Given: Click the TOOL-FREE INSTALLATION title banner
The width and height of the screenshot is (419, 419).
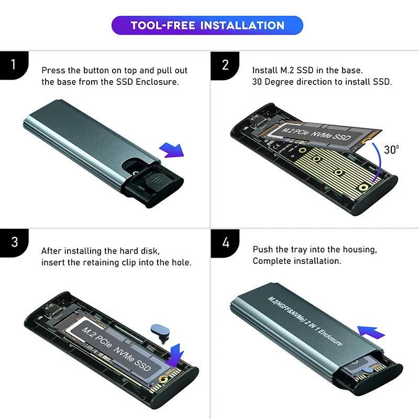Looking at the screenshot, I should click(207, 25).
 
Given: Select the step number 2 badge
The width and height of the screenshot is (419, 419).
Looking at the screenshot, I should click(225, 65).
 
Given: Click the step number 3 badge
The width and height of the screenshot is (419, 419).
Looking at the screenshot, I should click(14, 242).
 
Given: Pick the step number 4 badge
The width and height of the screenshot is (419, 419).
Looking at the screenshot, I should click(225, 243).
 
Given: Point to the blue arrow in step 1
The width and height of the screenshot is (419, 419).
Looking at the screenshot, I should click(171, 150).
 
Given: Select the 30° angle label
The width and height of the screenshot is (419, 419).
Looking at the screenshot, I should click(391, 149).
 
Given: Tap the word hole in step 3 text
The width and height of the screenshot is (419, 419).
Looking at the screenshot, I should click(180, 262).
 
